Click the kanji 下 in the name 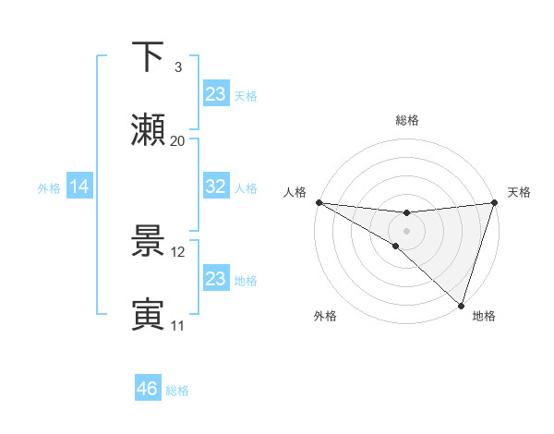point(148,56)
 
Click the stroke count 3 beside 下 point(177,66)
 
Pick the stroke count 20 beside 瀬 point(177,141)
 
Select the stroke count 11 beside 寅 point(177,325)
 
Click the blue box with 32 point(215,187)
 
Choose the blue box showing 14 point(79,187)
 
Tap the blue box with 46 point(147,389)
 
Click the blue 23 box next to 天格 point(215,94)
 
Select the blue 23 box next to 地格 point(215,279)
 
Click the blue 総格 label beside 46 point(177,391)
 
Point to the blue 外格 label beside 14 point(49,188)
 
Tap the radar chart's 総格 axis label point(406,120)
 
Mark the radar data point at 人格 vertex point(319,202)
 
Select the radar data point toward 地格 point(461,306)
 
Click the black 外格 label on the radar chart point(325,316)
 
